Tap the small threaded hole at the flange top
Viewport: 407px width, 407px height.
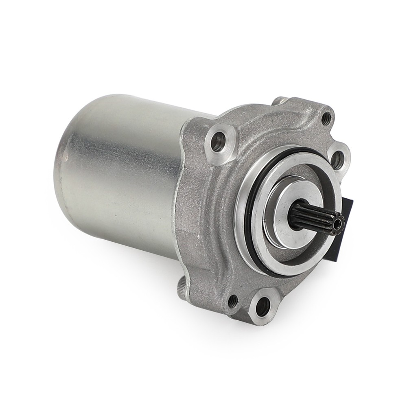[x=325, y=118]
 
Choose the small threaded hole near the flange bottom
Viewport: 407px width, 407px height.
[x=233, y=301]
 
